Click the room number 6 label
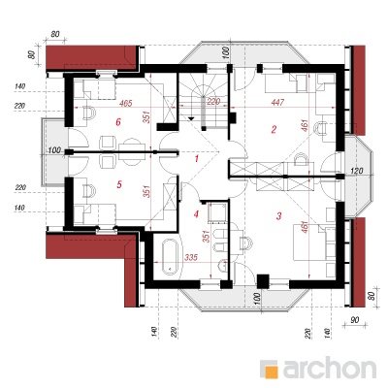(118, 122)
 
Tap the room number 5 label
(119, 184)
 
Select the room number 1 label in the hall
(196, 158)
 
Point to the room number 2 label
(274, 129)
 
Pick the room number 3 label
(279, 215)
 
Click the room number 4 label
(196, 213)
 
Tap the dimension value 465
(125, 104)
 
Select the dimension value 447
(277, 102)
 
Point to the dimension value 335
(191, 257)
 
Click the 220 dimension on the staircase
(213, 102)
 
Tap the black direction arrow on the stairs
(191, 118)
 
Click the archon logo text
(330, 368)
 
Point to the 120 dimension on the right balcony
(356, 171)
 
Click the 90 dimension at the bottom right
(355, 320)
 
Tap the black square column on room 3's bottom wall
(263, 280)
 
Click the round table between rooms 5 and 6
(132, 152)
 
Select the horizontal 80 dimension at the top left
(55, 34)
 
